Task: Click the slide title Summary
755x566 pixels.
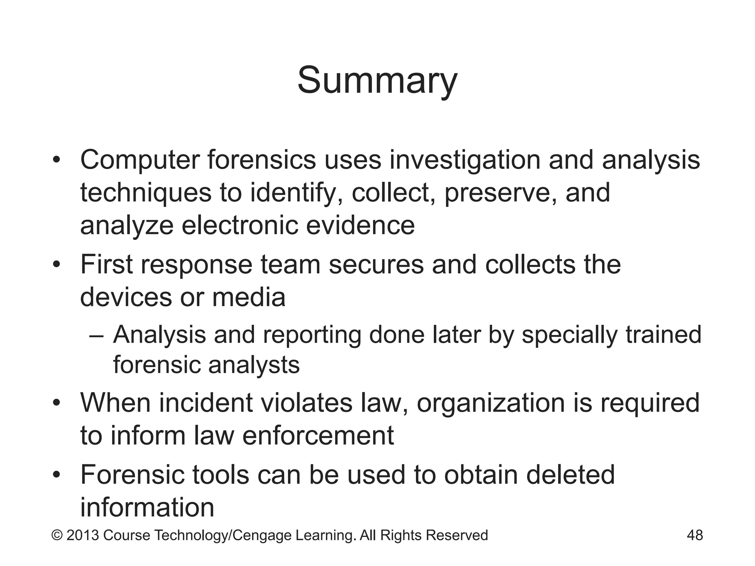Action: coord(377,81)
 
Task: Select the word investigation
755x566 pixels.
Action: coord(465,160)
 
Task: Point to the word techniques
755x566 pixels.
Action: coord(146,193)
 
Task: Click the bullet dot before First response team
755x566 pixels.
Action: coord(56,265)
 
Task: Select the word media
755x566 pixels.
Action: coord(248,297)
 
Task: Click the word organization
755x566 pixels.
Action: coord(490,402)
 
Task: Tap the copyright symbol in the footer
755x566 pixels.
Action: coord(57,535)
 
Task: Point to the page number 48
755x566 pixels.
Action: coord(695,535)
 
